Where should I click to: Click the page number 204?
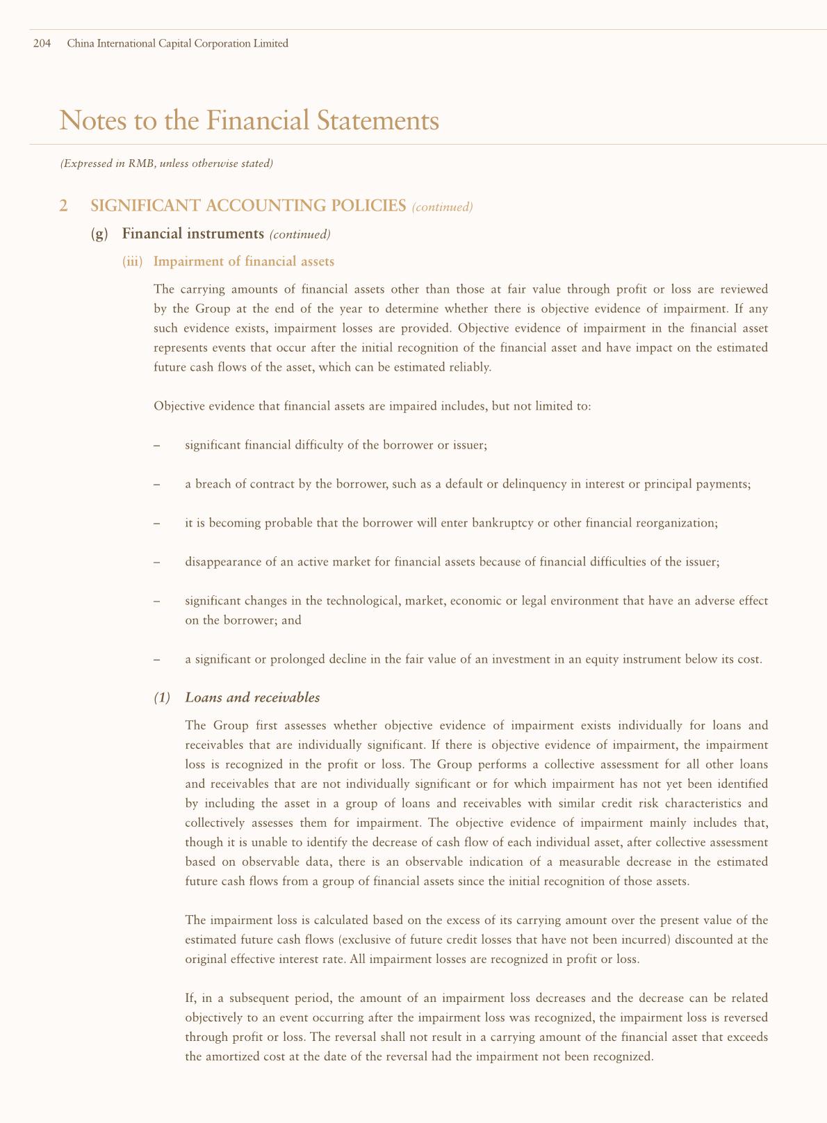point(42,44)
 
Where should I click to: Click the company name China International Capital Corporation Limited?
point(177,44)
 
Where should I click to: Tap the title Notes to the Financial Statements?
point(249,120)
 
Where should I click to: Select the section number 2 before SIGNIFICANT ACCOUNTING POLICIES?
point(64,206)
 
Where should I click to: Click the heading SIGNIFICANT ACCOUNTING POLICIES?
point(248,206)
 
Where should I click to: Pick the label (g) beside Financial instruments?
point(100,234)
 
